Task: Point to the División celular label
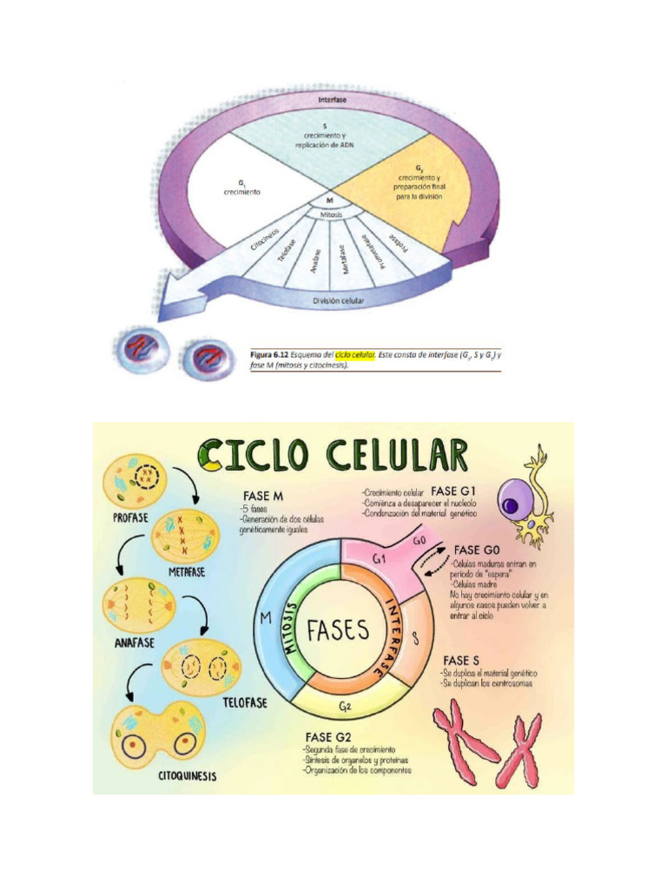click(x=338, y=301)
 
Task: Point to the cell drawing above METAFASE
click(x=185, y=537)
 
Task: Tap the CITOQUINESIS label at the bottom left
click(x=181, y=776)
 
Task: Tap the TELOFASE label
click(x=242, y=701)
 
